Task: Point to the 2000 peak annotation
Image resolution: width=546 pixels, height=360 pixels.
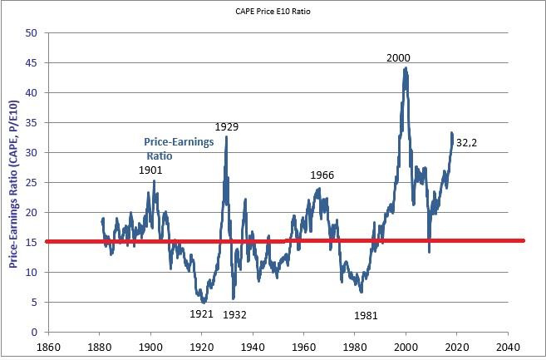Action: (398, 57)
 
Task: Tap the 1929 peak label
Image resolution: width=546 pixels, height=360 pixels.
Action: (227, 127)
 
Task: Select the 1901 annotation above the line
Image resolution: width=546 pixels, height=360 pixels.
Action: (150, 170)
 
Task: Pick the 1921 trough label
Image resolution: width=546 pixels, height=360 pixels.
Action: (201, 314)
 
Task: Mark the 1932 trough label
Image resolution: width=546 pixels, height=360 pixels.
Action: (234, 314)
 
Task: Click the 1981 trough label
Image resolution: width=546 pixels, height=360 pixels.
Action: (366, 315)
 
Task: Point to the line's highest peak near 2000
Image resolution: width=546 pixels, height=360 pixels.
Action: (405, 68)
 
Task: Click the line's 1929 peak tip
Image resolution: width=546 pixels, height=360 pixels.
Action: (226, 137)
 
